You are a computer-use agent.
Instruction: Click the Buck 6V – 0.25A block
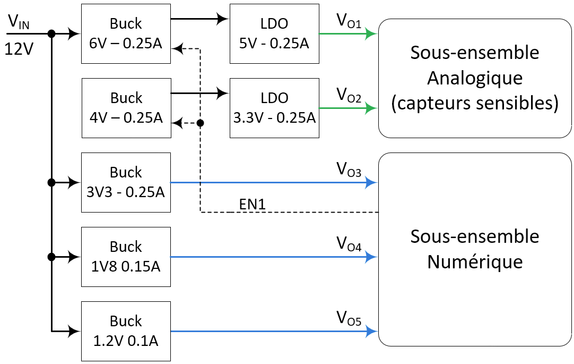click(x=126, y=33)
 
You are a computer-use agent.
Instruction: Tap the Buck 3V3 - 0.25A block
click(x=126, y=182)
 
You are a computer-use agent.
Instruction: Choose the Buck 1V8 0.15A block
click(x=126, y=257)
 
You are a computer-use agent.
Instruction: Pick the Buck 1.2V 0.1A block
click(x=126, y=331)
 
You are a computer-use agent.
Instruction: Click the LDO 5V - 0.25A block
click(x=274, y=33)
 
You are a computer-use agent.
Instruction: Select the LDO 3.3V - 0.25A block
click(x=274, y=107)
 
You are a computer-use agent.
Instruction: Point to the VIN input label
click(x=19, y=22)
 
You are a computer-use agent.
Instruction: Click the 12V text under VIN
click(x=19, y=49)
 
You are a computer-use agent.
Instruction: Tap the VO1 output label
click(x=349, y=21)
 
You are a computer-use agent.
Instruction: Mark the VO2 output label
click(x=349, y=96)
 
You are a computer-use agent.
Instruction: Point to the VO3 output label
click(x=349, y=171)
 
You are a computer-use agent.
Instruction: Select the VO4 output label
click(x=349, y=245)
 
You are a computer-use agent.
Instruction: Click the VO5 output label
click(x=349, y=319)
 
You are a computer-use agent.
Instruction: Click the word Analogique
click(x=475, y=78)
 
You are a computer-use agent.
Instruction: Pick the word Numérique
click(x=475, y=262)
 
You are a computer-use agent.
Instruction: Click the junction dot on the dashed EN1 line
click(x=200, y=123)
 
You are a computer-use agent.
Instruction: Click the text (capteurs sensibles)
click(x=475, y=104)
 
